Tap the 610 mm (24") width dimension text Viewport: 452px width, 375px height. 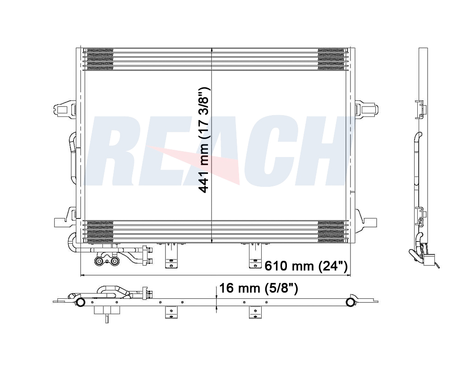306,266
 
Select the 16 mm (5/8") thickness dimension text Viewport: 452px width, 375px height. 258,288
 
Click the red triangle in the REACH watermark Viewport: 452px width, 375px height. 199,164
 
